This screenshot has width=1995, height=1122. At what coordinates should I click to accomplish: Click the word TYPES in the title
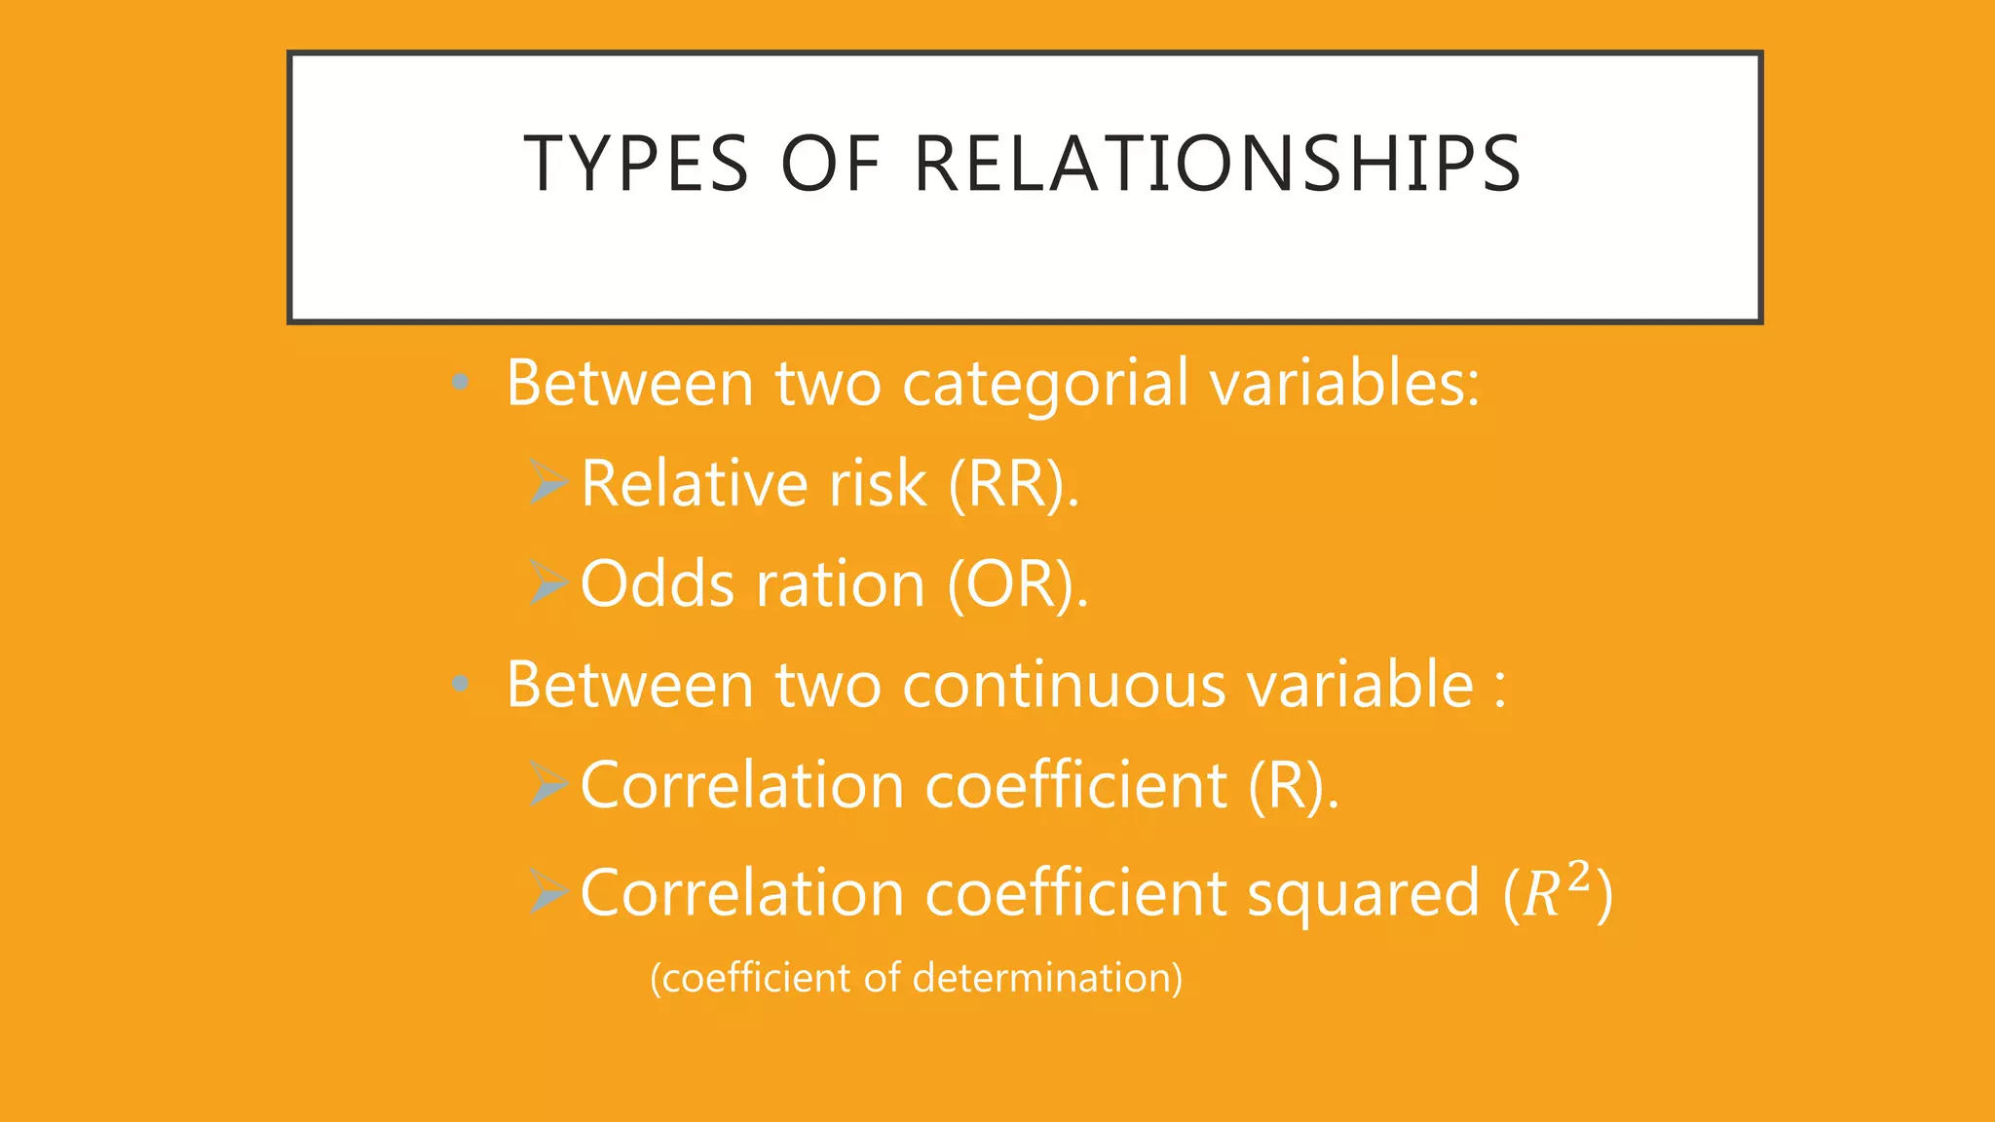636,164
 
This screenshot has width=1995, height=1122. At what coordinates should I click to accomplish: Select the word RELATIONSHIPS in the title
1217,164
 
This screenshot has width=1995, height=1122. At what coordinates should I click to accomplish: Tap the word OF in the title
831,164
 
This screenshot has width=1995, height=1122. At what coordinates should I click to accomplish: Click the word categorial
1045,384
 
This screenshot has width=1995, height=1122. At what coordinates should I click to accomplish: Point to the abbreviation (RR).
1013,484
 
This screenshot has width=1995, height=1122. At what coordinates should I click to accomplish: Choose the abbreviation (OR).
1017,584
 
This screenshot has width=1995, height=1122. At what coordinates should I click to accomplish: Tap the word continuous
1064,685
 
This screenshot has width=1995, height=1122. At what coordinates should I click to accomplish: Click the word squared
1364,894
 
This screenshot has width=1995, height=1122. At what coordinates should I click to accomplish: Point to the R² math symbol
1557,890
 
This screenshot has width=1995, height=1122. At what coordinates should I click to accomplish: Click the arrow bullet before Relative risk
549,483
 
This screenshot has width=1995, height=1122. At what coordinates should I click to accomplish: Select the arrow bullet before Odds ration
549,583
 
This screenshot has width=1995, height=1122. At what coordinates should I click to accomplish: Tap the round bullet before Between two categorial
461,383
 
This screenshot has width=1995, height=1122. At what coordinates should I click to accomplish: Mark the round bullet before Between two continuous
461,685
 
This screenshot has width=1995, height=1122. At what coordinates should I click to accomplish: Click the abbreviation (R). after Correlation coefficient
1293,786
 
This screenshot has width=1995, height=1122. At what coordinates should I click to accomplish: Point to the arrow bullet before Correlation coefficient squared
549,892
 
